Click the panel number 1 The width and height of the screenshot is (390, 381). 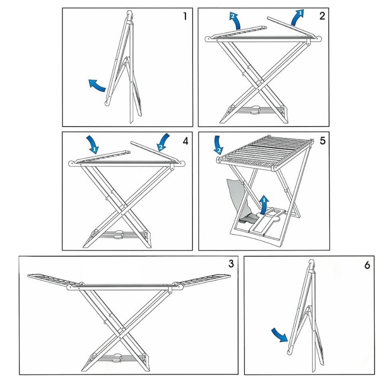(x=185, y=17)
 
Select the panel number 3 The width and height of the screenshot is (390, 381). (x=231, y=263)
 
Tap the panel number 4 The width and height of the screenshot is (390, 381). (x=185, y=140)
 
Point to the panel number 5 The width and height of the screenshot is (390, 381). (x=322, y=140)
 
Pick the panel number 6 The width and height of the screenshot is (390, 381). (x=367, y=265)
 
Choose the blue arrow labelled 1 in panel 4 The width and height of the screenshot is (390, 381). (x=94, y=144)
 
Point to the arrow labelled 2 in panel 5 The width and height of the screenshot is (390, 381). (x=219, y=146)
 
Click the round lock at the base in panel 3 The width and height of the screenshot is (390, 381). (x=117, y=358)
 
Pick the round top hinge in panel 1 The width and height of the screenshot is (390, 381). (x=130, y=14)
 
